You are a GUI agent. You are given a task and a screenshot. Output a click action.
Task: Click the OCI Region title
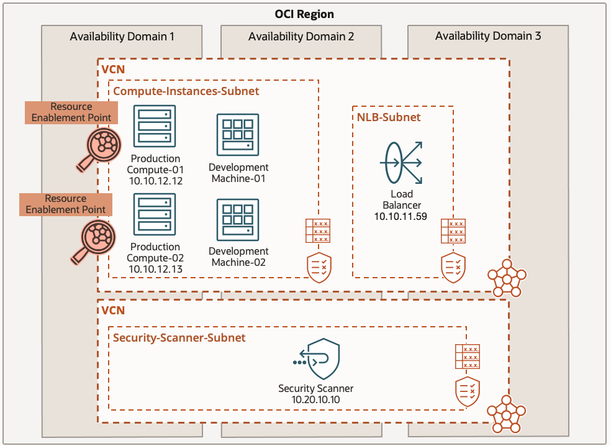(x=304, y=14)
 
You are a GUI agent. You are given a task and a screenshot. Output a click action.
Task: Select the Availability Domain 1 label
(x=122, y=37)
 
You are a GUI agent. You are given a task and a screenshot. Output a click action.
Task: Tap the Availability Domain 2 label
(x=301, y=37)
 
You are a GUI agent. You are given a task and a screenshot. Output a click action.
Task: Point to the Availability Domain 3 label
(x=488, y=36)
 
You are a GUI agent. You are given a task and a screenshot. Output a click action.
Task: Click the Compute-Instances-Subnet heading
(x=186, y=91)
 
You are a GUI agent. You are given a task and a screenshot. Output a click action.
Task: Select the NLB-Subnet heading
(x=389, y=117)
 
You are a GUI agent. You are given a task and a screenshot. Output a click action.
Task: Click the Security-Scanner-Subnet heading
(x=179, y=338)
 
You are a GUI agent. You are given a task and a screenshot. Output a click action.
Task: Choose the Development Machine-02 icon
(x=238, y=219)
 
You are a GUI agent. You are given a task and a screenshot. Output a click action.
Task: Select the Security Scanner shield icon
(x=315, y=359)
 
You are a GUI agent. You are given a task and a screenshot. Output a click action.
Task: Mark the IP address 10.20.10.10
(x=315, y=399)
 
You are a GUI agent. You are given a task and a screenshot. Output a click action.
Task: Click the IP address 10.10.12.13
(x=155, y=269)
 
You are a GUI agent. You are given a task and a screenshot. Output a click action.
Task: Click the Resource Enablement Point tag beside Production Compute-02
(x=66, y=204)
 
